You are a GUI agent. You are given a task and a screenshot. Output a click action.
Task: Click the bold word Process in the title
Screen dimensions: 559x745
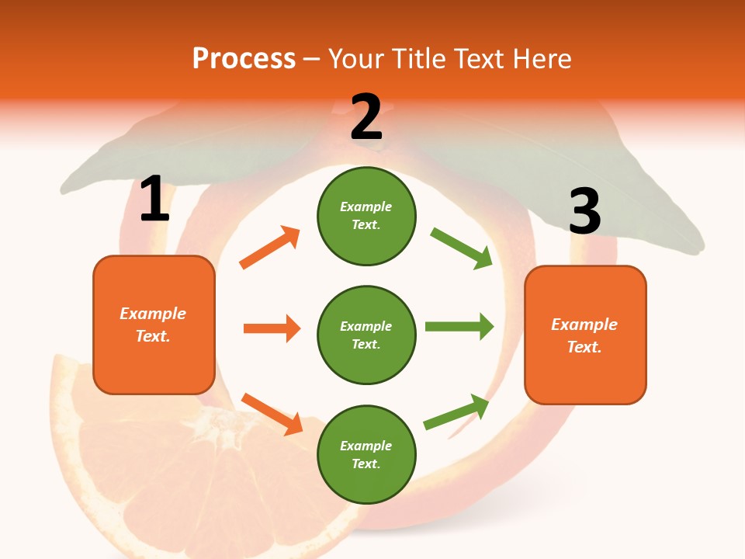coord(244,58)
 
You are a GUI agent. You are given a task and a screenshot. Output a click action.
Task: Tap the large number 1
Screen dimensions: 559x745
coord(154,200)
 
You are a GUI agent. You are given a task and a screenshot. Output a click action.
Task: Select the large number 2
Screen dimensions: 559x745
coord(366,117)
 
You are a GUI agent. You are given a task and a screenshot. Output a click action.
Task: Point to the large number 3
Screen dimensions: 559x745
coord(584,211)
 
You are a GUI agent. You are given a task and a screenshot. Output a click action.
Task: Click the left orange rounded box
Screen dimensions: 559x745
coord(154,325)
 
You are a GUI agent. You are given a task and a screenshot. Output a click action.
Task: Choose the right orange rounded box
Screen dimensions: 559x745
coord(585,335)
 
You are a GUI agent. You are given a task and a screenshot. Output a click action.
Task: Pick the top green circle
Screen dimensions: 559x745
coord(366,216)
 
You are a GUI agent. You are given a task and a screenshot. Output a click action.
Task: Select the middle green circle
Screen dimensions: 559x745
coord(366,335)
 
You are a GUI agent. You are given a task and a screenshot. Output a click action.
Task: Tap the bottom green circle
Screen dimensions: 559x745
coord(366,454)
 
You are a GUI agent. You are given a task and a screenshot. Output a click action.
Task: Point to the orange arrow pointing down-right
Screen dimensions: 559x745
coord(272,414)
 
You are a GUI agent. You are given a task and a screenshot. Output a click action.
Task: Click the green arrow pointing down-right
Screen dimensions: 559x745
coord(461,248)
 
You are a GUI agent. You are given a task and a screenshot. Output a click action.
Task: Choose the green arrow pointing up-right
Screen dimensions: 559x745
coord(456,411)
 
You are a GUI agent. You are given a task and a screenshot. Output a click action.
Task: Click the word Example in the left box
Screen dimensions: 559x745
coord(153,314)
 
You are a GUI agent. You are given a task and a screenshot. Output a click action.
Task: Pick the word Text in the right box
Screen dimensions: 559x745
coord(584,347)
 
